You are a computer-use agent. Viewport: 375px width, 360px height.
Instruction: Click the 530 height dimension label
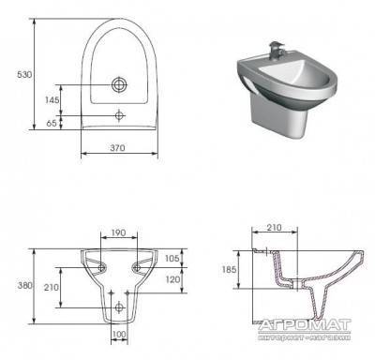(24, 75)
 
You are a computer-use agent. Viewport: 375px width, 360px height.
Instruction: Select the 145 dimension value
(52, 100)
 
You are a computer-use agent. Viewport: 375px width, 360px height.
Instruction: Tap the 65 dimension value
(52, 123)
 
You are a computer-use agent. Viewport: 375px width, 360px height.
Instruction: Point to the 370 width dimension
(117, 147)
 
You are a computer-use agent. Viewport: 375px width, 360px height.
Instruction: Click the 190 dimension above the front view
(118, 232)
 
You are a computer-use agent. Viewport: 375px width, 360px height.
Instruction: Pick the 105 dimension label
(172, 258)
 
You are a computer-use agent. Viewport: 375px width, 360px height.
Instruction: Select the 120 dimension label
(172, 279)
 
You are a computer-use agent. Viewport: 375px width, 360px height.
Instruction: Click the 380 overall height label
(24, 285)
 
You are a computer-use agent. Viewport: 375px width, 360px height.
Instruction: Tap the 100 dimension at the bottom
(119, 335)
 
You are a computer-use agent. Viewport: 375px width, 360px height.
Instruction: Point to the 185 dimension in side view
(229, 269)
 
